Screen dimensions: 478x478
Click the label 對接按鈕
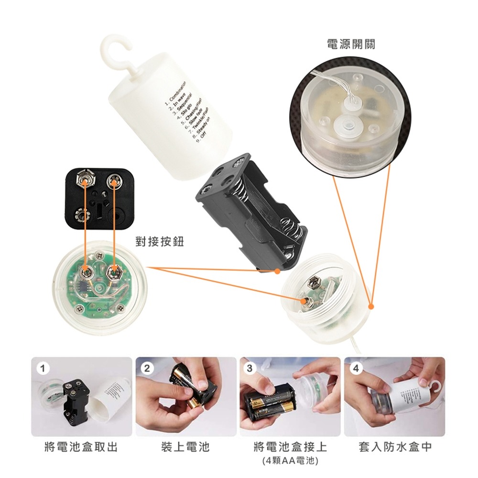[x=160, y=242]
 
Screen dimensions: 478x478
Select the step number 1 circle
[x=43, y=369]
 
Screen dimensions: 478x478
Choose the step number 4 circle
[x=355, y=369]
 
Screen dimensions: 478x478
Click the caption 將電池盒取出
[x=81, y=447]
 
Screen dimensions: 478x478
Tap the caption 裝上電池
[x=185, y=447]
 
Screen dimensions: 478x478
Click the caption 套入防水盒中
[x=395, y=447]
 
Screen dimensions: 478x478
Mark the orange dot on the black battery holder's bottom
[x=278, y=271]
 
